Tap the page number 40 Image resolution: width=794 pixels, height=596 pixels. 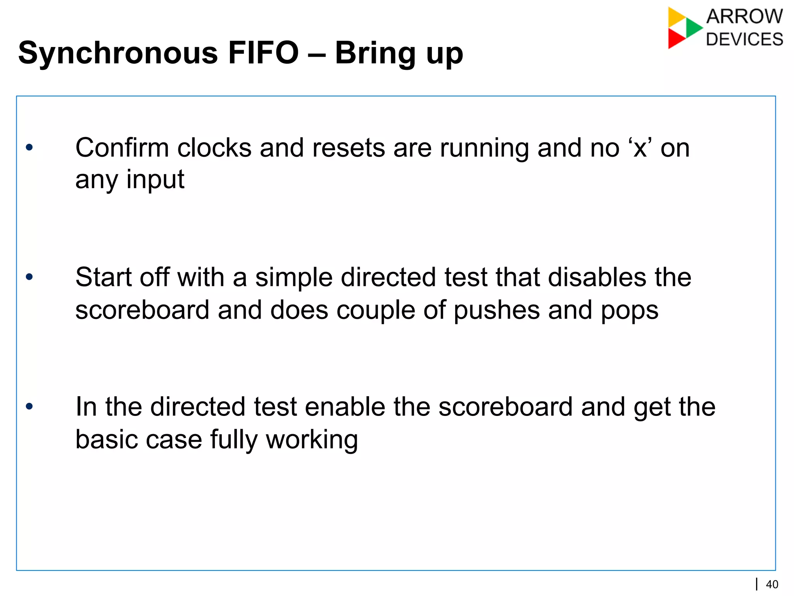pyautogui.click(x=772, y=584)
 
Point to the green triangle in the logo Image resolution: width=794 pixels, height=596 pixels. pyautogui.click(x=693, y=28)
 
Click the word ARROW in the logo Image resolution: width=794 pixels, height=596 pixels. pyautogui.click(x=744, y=17)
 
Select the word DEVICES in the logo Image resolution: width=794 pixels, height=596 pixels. pyautogui.click(x=744, y=39)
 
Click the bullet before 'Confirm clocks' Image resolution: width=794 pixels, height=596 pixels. pyautogui.click(x=29, y=147)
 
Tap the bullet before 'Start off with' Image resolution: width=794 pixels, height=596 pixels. pyautogui.click(x=29, y=277)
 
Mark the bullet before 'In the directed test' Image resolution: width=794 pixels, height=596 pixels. pyautogui.click(x=29, y=407)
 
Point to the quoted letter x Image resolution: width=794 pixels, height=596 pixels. pyautogui.click(x=640, y=149)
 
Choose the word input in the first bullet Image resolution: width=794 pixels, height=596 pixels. pyautogui.click(x=155, y=180)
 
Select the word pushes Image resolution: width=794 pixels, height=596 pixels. pyautogui.click(x=497, y=310)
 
